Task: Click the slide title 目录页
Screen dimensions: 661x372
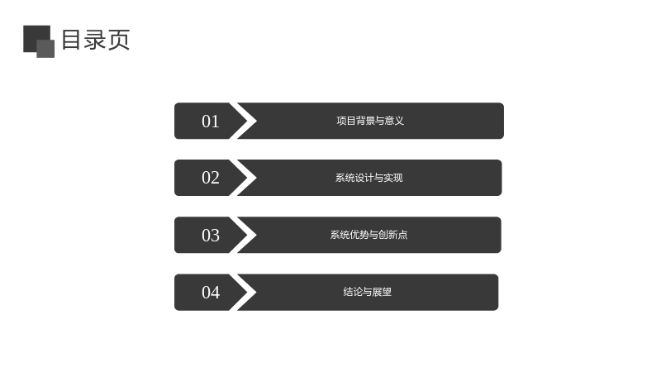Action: click(x=96, y=40)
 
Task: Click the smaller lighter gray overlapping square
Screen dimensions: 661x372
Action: click(x=45, y=49)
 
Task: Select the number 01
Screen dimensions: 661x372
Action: click(x=211, y=122)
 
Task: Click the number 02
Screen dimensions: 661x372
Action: click(x=211, y=178)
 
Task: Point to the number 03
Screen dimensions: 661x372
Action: click(x=211, y=236)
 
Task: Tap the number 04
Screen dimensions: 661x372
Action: click(x=211, y=293)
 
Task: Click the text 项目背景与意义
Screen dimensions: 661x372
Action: click(x=370, y=121)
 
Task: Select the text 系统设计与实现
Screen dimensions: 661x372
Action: click(x=369, y=178)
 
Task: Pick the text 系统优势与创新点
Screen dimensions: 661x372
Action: click(x=369, y=235)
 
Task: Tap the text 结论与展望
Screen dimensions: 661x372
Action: click(x=367, y=292)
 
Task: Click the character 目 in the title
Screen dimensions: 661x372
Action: click(x=71, y=40)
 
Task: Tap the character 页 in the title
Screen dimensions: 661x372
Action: click(x=119, y=40)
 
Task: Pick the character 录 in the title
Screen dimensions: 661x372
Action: click(x=94, y=40)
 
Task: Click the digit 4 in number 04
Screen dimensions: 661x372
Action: click(x=215, y=293)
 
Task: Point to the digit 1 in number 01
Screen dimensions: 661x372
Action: click(x=216, y=122)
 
